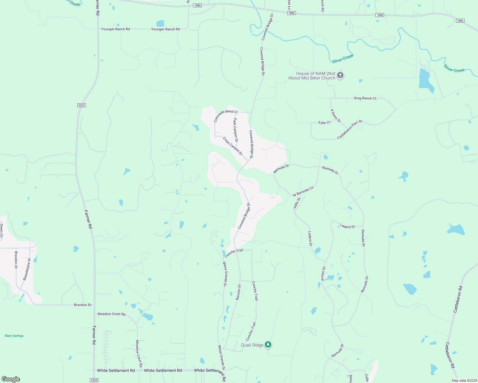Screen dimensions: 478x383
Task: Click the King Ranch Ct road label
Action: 365,98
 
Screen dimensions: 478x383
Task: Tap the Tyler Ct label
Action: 324,123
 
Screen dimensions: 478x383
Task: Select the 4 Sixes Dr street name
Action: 335,116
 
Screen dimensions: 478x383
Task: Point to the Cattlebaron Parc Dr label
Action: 350,130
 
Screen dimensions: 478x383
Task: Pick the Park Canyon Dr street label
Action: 235,130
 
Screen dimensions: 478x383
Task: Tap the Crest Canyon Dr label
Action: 233,146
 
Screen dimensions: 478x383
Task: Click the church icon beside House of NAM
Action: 340,76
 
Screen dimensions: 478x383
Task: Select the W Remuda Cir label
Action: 303,191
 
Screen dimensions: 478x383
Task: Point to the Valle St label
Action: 297,203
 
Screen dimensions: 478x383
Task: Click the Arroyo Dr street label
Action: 323,274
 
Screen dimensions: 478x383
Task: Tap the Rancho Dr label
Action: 238,292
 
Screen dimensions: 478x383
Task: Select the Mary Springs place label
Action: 14,336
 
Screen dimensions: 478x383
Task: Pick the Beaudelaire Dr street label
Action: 27,269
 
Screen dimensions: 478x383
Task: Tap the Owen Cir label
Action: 1,231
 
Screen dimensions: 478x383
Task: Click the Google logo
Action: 11,379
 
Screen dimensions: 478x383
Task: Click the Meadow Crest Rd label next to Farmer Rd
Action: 111,314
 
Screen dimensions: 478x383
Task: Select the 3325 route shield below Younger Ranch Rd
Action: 81,105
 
